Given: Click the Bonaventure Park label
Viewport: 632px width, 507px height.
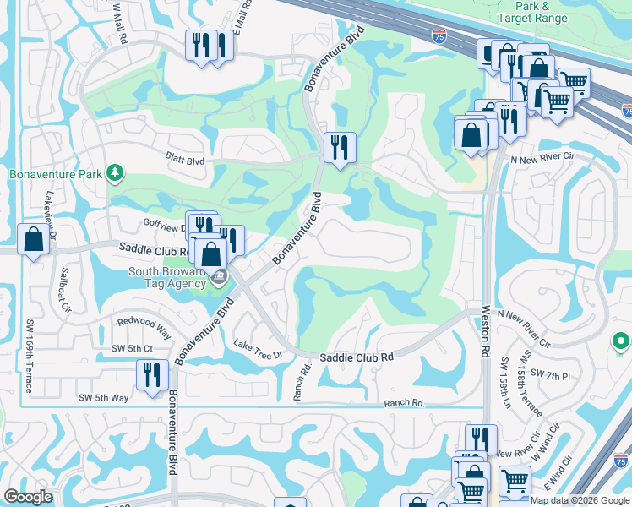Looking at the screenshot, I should click(56, 175).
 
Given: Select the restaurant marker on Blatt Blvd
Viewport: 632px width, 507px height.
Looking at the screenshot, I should click(340, 148).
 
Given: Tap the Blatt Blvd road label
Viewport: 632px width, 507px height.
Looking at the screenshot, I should click(184, 161).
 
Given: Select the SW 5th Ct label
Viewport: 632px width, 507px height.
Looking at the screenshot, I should click(132, 348).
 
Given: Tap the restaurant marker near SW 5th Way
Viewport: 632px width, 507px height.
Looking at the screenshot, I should click(152, 375).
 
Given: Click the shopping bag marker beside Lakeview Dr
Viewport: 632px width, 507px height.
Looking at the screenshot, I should click(33, 239).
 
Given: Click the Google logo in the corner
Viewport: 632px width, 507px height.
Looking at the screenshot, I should click(28, 497).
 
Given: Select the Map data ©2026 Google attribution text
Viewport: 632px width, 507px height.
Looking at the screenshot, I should click(580, 499).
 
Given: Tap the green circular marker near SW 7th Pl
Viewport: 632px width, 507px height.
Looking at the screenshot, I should click(621, 342).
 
